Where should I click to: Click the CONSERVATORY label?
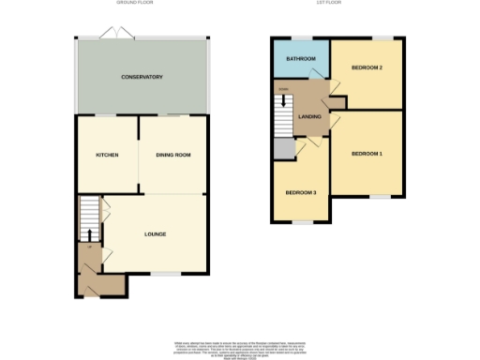click(142, 77)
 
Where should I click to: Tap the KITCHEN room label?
click(107, 155)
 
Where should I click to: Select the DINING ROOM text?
click(172, 155)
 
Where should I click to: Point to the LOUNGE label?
click(155, 233)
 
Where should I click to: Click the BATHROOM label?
click(301, 59)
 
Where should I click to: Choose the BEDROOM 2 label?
click(366, 69)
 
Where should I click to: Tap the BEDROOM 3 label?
click(301, 192)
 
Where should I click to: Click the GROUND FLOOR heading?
click(135, 4)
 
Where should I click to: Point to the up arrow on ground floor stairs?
click(89, 233)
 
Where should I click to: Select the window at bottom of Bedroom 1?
click(378, 197)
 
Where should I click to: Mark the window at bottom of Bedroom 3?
click(301, 222)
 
